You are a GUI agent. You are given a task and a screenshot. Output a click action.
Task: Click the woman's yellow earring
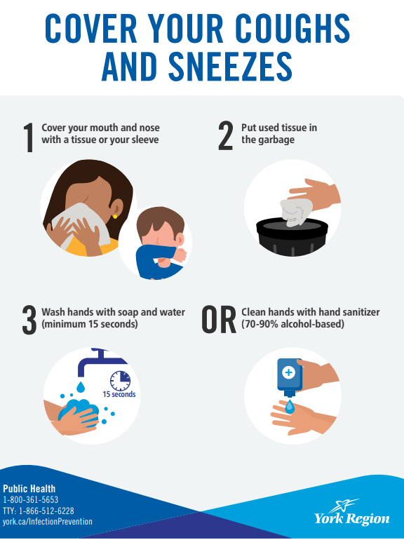pyautogui.click(x=115, y=217)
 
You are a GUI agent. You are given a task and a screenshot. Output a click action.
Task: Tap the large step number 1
pyautogui.click(x=29, y=137)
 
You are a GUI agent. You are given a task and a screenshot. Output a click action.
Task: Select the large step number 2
pyautogui.click(x=226, y=136)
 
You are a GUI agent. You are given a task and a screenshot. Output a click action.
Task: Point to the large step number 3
pyautogui.click(x=29, y=320)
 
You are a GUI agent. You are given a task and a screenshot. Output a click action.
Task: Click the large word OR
pyautogui.click(x=219, y=320)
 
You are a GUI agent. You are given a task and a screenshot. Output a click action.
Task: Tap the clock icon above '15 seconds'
pyautogui.click(x=120, y=381)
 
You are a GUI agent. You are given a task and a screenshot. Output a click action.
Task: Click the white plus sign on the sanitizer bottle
pyautogui.click(x=288, y=372)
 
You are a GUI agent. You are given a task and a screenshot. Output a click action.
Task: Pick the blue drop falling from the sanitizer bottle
pyautogui.click(x=290, y=407)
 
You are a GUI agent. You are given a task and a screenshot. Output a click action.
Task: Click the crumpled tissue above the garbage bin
pyautogui.click(x=296, y=212)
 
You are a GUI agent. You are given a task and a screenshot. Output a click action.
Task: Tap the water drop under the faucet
pyautogui.click(x=81, y=387)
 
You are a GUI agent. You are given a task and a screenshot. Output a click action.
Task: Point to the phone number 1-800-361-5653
pyautogui.click(x=31, y=500)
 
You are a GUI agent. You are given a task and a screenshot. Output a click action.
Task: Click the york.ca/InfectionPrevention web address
pyautogui.click(x=48, y=522)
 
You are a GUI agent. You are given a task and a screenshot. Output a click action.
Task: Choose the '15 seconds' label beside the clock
pyautogui.click(x=119, y=394)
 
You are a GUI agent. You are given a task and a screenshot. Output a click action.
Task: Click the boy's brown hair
pyautogui.click(x=159, y=222)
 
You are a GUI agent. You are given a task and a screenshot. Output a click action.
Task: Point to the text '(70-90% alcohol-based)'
pyautogui.click(x=292, y=324)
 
